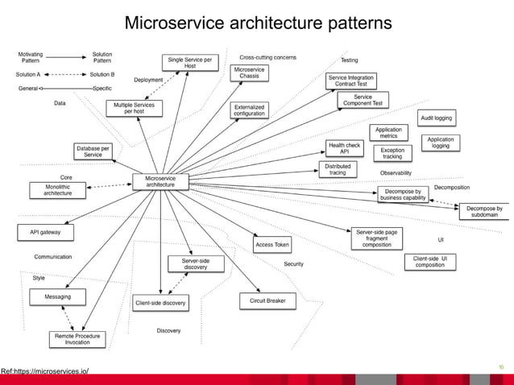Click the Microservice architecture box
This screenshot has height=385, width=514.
(160, 182)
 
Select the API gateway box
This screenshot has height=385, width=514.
(46, 232)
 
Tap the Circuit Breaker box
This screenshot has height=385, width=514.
(267, 301)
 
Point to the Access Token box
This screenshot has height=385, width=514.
(272, 245)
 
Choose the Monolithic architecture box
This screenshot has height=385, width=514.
(57, 190)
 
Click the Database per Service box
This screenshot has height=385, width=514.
(93, 151)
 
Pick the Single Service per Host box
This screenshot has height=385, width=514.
(189, 62)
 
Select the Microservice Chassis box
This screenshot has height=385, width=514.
(249, 73)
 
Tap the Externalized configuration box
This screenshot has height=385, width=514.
(249, 110)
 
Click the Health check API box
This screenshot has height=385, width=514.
(344, 148)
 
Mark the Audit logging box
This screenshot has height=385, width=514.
(436, 118)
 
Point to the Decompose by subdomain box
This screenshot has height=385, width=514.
(483, 212)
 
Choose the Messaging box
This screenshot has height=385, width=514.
(57, 297)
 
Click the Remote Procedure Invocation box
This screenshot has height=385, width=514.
(77, 339)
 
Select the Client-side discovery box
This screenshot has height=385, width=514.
(160, 304)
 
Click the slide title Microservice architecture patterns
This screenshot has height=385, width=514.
(258, 23)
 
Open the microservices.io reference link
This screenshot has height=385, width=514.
(45, 371)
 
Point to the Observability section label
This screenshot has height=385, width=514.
(396, 173)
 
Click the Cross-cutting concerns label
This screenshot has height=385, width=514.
(268, 58)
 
